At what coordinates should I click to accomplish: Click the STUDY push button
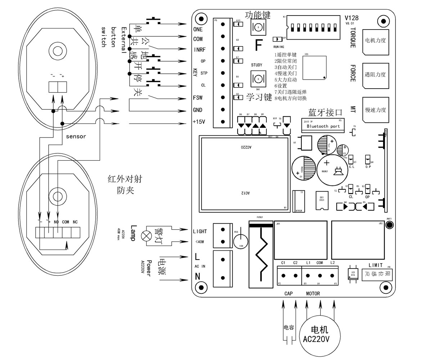[258, 78]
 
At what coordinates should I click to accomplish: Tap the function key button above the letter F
[258, 27]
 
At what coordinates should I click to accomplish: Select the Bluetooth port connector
[323, 126]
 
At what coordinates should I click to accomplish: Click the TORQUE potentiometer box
[375, 42]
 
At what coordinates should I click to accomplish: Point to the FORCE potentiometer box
[375, 76]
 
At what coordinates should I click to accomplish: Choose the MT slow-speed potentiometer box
[375, 110]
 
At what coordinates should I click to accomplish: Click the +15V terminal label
[199, 122]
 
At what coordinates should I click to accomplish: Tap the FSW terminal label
[198, 98]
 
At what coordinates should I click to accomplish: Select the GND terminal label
[198, 110]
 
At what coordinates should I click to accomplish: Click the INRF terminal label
[199, 50]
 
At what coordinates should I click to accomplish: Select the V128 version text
[351, 18]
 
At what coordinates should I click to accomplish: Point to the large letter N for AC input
[197, 276]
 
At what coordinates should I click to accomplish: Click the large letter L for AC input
[197, 257]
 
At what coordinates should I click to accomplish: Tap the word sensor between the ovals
[76, 136]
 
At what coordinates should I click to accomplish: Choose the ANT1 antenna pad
[389, 225]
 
